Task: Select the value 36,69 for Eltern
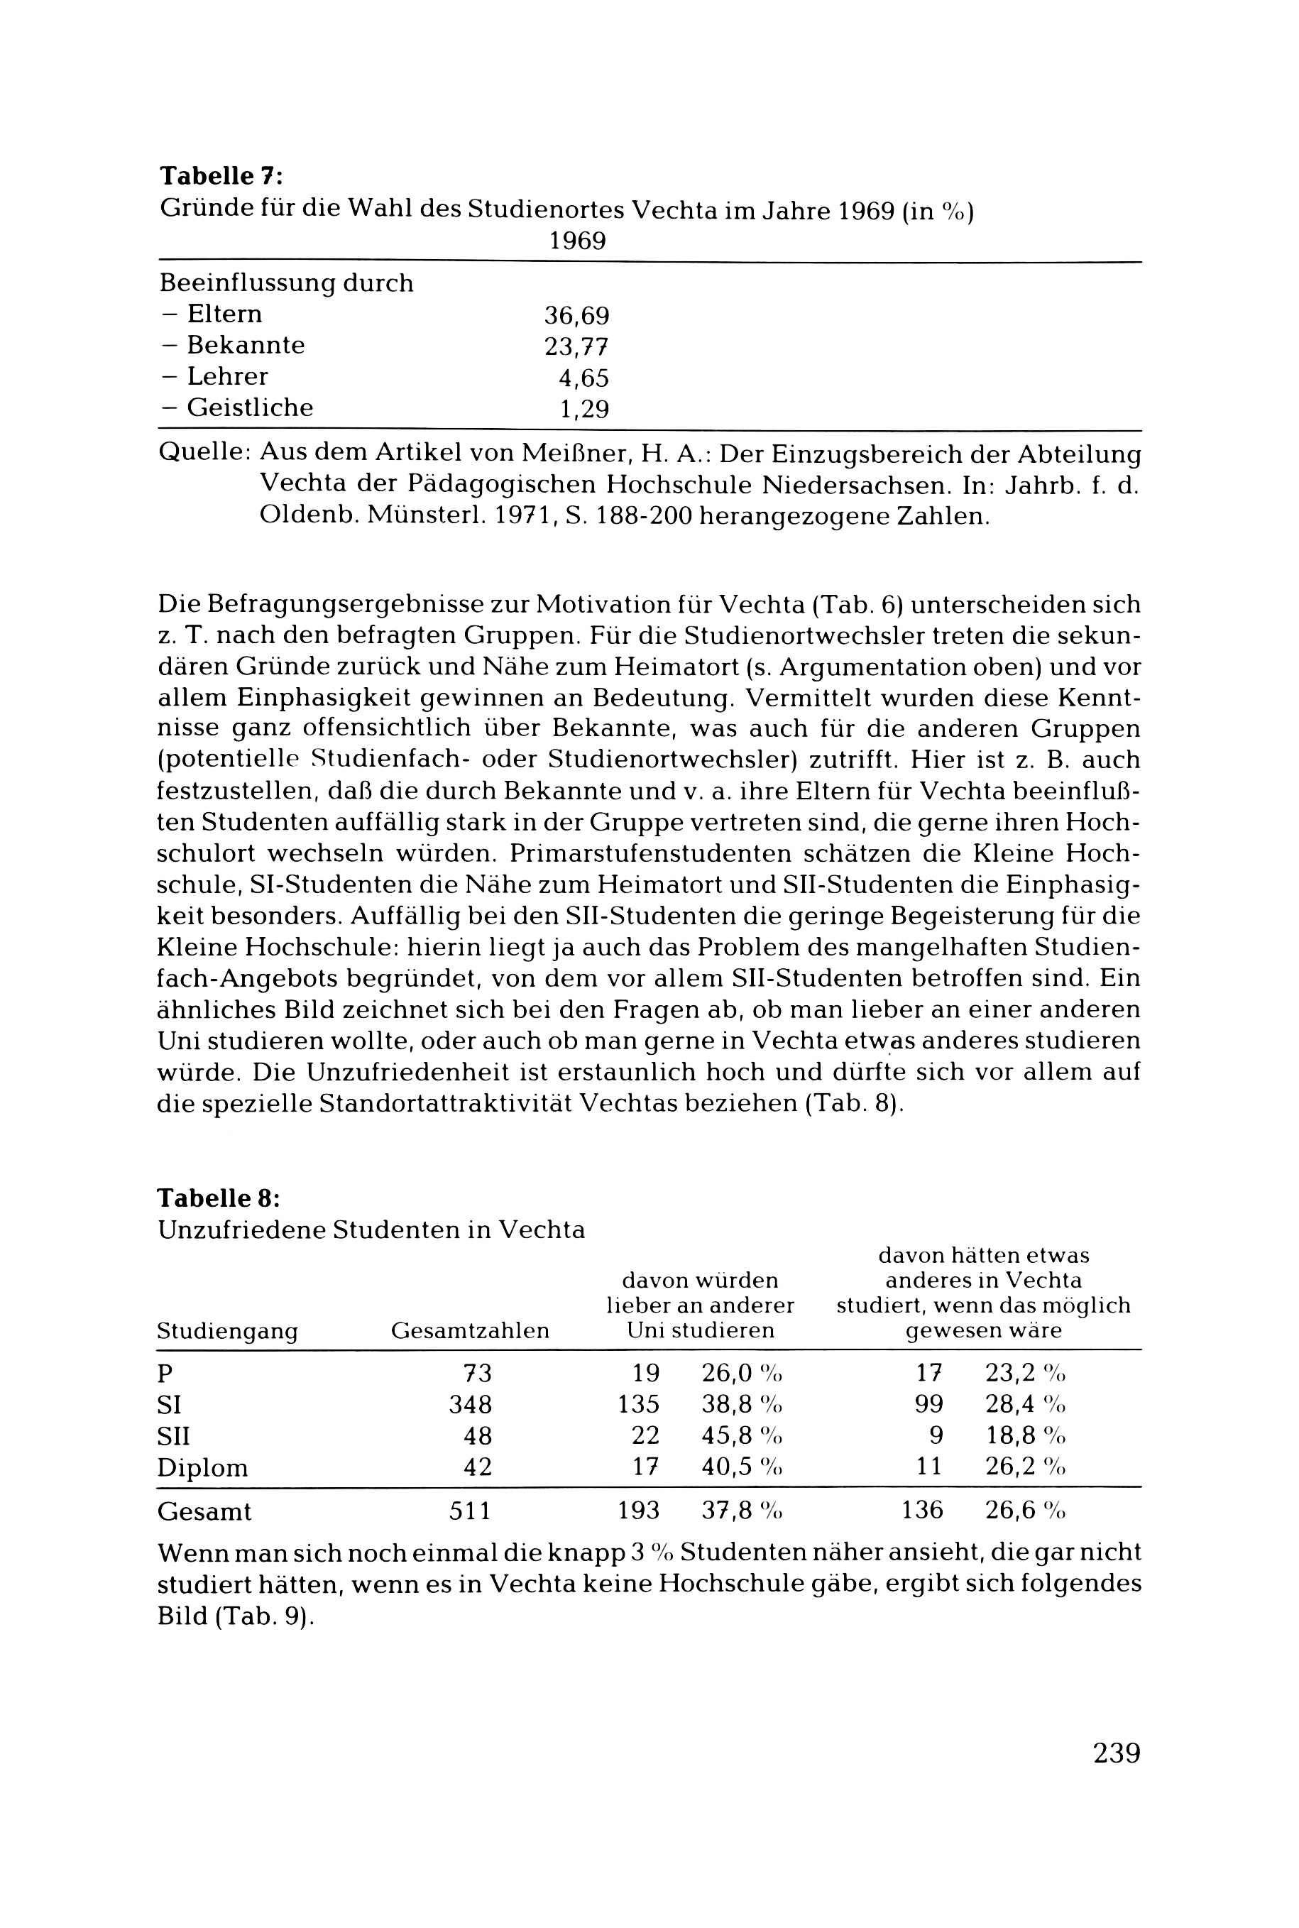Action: tap(576, 316)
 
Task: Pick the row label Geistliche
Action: tap(249, 407)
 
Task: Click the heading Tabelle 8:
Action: tap(219, 1199)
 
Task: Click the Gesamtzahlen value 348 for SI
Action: tap(471, 1404)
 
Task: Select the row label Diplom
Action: tap(202, 1468)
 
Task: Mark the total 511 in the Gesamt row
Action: tap(470, 1511)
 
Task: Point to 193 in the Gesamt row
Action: tap(639, 1511)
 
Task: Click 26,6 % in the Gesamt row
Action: tap(1025, 1511)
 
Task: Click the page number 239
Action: tap(1117, 1753)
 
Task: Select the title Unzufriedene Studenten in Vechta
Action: tap(371, 1230)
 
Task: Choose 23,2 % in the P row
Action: tap(1025, 1373)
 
